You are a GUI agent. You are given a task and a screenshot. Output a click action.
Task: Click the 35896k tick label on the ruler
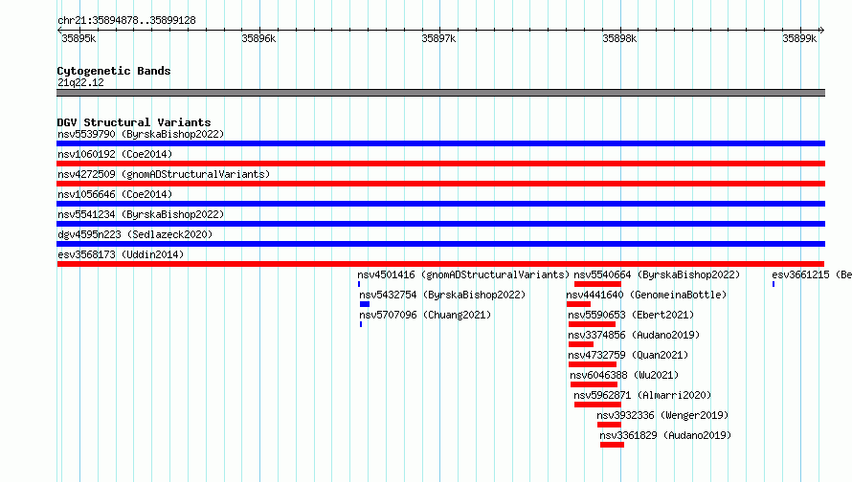258,38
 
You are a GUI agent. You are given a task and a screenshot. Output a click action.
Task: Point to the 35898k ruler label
619,38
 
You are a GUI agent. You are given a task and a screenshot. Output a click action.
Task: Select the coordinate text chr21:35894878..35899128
126,21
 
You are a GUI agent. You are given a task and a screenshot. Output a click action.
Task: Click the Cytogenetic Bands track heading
114,71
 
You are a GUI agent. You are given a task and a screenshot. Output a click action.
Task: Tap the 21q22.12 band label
80,82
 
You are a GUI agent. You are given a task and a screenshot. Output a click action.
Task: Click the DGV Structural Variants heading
134,122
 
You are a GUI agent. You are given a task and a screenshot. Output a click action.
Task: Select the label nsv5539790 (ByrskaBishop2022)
141,134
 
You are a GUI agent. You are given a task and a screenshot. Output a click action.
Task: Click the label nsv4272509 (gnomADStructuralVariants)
164,174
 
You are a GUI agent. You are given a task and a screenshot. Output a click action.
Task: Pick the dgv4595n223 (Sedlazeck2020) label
135,234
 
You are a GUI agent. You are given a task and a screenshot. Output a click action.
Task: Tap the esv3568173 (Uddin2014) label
121,254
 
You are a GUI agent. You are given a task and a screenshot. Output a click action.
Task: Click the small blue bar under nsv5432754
365,304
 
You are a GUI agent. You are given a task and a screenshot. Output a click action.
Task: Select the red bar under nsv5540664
597,284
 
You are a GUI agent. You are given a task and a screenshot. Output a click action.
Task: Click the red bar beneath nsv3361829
613,445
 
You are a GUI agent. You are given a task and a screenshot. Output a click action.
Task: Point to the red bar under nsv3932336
609,425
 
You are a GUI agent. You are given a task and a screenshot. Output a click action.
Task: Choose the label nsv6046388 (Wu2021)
624,375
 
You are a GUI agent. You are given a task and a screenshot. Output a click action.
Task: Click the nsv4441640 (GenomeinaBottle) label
646,295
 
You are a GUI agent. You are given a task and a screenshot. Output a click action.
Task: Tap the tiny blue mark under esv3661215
774,284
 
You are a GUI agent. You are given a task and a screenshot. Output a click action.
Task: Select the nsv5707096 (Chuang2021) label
425,315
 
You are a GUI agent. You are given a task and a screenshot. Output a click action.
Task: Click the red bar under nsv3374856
581,344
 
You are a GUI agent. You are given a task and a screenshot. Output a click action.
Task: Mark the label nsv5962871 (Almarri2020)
642,395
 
